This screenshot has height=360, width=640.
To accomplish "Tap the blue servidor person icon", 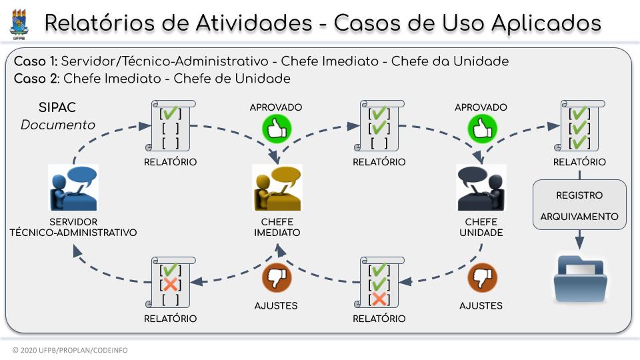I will [73, 187].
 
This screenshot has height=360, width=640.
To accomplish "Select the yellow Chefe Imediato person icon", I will [277, 187].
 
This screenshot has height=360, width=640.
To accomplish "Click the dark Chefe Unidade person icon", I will [481, 187].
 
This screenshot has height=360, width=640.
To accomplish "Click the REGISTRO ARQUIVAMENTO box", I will [579, 205].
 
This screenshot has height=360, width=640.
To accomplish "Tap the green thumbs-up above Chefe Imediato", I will [275, 129].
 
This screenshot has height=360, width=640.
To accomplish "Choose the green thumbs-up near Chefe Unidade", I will [481, 129].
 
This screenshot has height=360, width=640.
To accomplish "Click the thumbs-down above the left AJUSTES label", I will [275, 279].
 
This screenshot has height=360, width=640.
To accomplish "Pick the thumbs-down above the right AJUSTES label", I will [481, 279].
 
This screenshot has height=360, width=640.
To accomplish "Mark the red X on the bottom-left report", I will [171, 285].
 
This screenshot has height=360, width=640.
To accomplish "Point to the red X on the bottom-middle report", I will [379, 299].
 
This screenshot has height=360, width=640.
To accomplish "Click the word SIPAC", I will [57, 107].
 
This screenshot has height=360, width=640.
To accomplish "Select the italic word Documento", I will [57, 125].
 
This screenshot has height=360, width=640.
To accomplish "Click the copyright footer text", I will [70, 350].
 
